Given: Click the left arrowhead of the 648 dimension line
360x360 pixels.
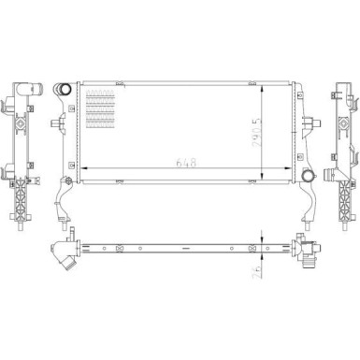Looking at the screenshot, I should tap(86, 166).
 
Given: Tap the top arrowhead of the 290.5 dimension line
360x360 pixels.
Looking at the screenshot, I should tap(267, 85).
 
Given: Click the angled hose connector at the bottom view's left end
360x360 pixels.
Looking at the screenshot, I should tap(66, 252).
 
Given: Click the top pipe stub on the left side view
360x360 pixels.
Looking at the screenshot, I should tap(20, 89).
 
